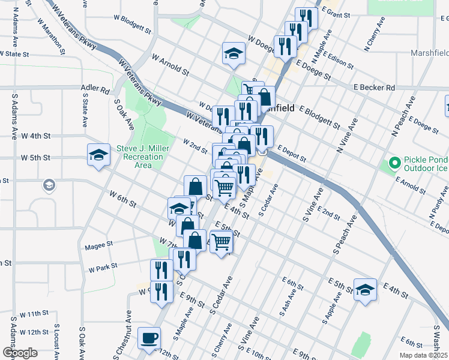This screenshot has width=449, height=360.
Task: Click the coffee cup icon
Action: point(149,338)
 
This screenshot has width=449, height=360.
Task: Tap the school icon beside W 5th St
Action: point(98,155)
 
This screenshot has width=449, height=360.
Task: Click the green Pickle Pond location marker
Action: point(394,163)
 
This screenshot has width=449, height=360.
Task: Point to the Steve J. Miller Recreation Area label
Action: point(140,157)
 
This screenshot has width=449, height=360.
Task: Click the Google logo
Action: point(20,353)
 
